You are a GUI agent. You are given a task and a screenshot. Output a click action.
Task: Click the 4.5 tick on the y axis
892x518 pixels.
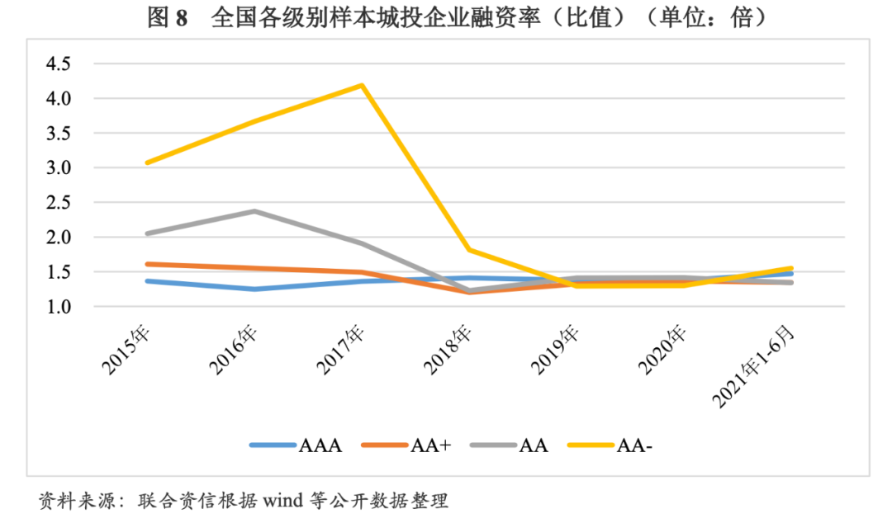click(x=59, y=64)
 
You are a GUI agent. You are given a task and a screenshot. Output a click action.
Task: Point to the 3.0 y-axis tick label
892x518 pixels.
click(x=59, y=168)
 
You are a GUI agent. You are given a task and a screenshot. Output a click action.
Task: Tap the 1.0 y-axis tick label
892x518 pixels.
click(x=59, y=307)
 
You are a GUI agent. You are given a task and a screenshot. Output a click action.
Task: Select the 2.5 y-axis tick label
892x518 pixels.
click(x=59, y=203)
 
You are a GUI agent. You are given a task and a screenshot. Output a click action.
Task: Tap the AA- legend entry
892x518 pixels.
click(x=610, y=445)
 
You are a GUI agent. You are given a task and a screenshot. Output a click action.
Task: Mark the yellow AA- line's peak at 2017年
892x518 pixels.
click(x=362, y=85)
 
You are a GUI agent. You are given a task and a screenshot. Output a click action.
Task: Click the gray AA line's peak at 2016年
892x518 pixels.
click(x=254, y=211)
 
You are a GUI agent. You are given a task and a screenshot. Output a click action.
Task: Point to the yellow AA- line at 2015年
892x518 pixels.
click(x=147, y=162)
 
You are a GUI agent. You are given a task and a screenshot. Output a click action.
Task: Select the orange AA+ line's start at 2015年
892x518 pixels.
click(x=147, y=264)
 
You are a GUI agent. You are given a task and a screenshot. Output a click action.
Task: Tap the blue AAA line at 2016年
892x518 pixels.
click(x=254, y=289)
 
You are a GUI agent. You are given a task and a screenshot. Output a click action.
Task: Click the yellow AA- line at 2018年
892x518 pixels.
click(x=469, y=249)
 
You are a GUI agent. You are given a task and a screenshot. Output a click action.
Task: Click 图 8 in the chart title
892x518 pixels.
click(x=168, y=18)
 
